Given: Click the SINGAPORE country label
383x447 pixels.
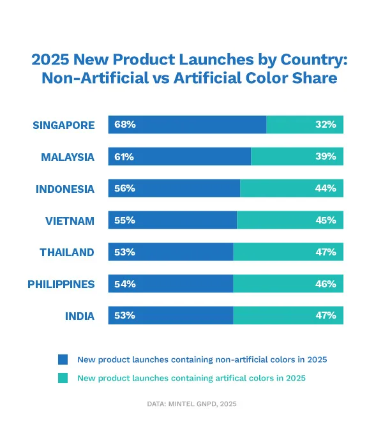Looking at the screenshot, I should tap(64, 125).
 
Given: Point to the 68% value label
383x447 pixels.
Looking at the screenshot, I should tap(125, 125).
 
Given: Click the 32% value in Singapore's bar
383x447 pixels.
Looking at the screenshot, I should tap(326, 125).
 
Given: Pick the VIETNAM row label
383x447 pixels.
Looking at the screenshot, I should tap(70, 220).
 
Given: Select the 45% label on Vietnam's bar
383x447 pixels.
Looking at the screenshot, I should tap(326, 220).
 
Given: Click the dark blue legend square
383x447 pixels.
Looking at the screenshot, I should tap(63, 359).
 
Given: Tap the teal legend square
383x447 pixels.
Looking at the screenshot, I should tap(63, 378).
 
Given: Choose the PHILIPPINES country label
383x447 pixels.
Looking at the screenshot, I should tap(61, 284).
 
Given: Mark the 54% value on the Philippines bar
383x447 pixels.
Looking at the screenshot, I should tap(125, 284).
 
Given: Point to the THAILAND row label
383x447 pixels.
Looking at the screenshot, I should tap(67, 252).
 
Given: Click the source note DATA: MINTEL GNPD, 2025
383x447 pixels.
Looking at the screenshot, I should tap(191, 404).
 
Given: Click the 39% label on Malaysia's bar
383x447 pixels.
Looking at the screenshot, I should tap(326, 156).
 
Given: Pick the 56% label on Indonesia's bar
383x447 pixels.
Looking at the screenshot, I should tap(125, 188).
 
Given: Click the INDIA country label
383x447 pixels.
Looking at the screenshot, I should tap(80, 316).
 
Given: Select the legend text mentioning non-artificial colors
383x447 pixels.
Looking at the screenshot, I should tap(202, 360).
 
